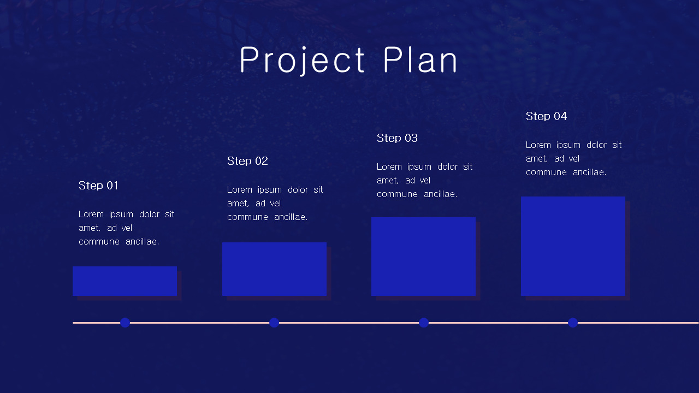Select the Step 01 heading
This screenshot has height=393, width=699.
[98, 186]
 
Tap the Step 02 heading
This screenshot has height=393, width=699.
[247, 161]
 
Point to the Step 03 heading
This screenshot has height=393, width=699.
[397, 138]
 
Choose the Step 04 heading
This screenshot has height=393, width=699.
[546, 116]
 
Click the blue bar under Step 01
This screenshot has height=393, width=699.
[125, 281]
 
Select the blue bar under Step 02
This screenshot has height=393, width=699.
[274, 269]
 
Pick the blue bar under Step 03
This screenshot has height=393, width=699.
[423, 257]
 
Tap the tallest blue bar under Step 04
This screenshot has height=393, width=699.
[573, 246]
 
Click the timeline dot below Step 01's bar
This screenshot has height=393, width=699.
[125, 323]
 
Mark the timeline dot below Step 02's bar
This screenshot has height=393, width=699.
[274, 323]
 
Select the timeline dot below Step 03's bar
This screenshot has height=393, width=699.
[424, 323]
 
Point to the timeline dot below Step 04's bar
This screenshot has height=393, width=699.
[573, 323]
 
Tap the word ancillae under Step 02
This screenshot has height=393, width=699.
[291, 217]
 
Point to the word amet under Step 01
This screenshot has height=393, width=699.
[89, 228]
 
